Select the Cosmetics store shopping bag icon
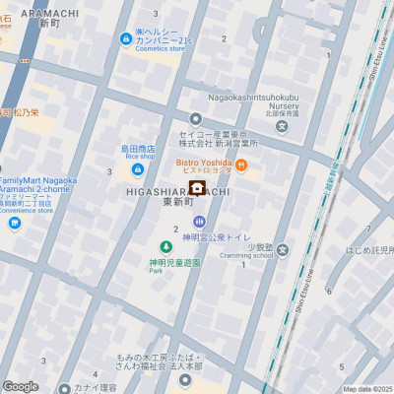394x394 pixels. [125, 39]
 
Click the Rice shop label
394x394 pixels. [140, 156]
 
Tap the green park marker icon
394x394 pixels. [164, 245]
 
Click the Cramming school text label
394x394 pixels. [248, 255]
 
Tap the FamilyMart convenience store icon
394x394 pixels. [14, 223]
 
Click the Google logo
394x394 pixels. [21, 386]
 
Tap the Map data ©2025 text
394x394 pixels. [367, 389]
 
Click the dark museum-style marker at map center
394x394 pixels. [197, 189]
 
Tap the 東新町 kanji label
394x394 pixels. [177, 202]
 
